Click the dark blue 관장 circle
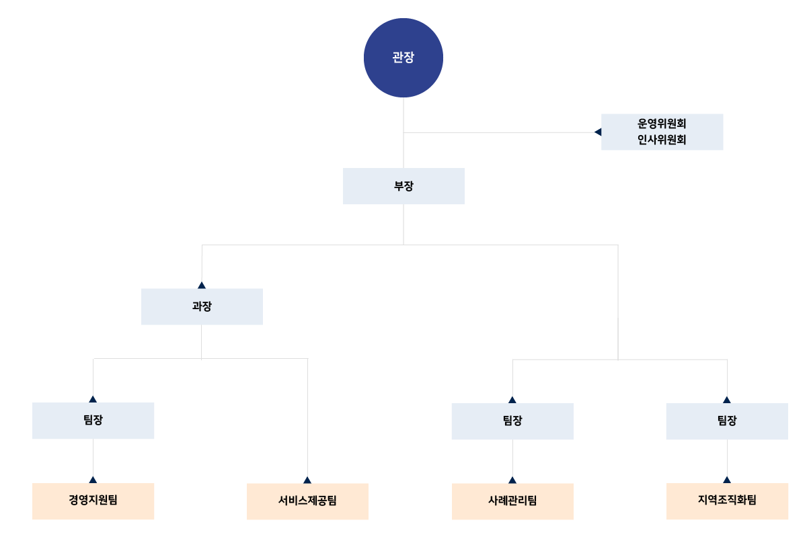403,58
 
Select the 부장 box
403,186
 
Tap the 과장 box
202,306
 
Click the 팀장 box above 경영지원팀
93,421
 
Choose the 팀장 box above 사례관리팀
512,421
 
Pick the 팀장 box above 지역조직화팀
727,421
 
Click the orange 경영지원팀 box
93,501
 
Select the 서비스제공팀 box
307,501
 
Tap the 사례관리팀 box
512,501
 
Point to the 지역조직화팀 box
727,501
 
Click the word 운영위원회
662,124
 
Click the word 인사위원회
662,140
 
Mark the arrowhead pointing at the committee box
598,132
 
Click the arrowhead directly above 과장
202,285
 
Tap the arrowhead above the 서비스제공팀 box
307,480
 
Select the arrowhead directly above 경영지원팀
93,480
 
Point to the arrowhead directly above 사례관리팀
512,480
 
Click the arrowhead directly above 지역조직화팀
727,480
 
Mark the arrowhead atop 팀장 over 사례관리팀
512,400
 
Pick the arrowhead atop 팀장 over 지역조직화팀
727,400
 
